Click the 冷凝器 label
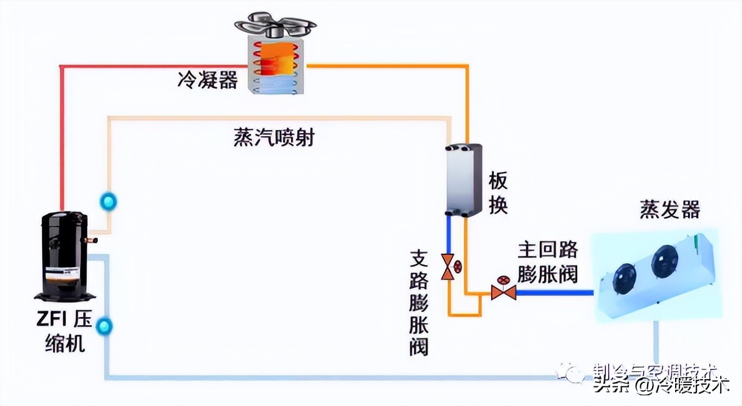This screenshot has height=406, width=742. (207, 80)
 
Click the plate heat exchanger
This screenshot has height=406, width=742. (464, 180)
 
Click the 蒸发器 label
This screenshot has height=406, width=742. (669, 210)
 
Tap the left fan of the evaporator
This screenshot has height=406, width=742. (625, 276)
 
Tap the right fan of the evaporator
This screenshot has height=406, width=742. (664, 261)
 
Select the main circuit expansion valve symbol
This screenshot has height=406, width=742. (503, 291)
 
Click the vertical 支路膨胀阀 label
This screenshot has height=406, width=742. (419, 303)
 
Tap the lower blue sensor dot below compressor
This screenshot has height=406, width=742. (104, 326)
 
